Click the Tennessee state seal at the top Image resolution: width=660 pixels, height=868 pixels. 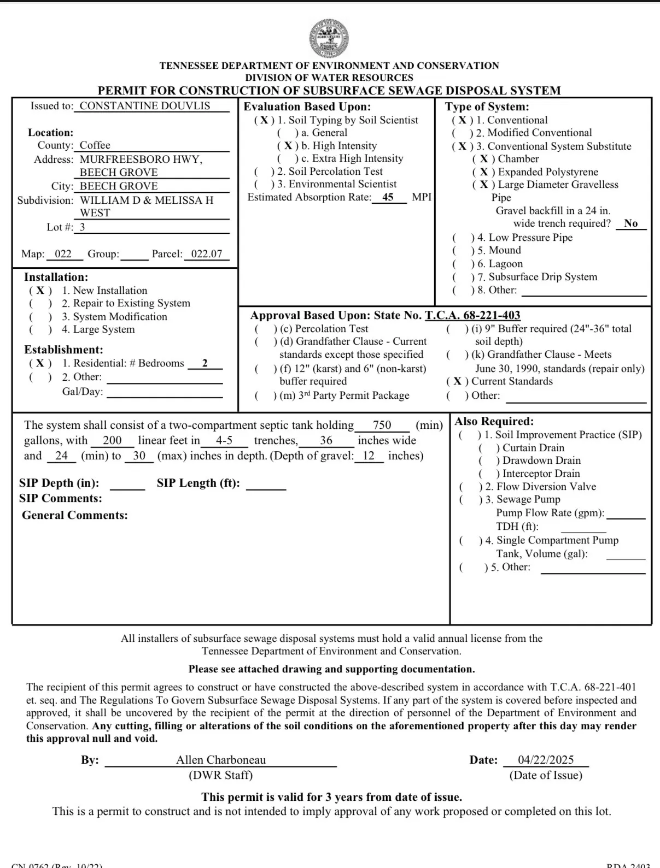click(x=329, y=38)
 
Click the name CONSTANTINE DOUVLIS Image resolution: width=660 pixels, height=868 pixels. click(x=145, y=106)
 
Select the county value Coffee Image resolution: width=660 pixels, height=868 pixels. click(x=95, y=145)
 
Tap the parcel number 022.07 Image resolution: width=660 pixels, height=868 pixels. click(x=207, y=254)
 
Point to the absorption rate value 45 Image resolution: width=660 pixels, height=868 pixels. click(x=388, y=197)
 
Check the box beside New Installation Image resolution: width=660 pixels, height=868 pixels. click(x=40, y=291)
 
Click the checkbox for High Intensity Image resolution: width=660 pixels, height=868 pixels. click(x=288, y=146)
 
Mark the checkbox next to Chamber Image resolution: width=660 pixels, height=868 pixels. click(x=484, y=159)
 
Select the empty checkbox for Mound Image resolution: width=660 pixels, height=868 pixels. click(x=463, y=251)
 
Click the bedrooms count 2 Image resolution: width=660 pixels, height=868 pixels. click(x=205, y=363)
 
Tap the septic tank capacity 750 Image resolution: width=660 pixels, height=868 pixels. click(x=382, y=425)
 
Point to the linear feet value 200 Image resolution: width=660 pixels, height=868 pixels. click(x=112, y=440)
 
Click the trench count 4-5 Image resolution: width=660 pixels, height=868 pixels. click(x=224, y=440)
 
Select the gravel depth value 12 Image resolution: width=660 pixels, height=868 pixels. click(x=369, y=456)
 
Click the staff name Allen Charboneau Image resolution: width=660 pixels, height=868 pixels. click(x=221, y=760)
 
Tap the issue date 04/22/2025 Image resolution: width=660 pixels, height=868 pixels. click(x=546, y=760)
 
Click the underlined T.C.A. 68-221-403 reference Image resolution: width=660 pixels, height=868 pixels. click(x=472, y=315)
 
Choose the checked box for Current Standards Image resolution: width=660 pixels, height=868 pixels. click(x=458, y=381)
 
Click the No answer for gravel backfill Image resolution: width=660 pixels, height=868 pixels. click(x=630, y=223)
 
